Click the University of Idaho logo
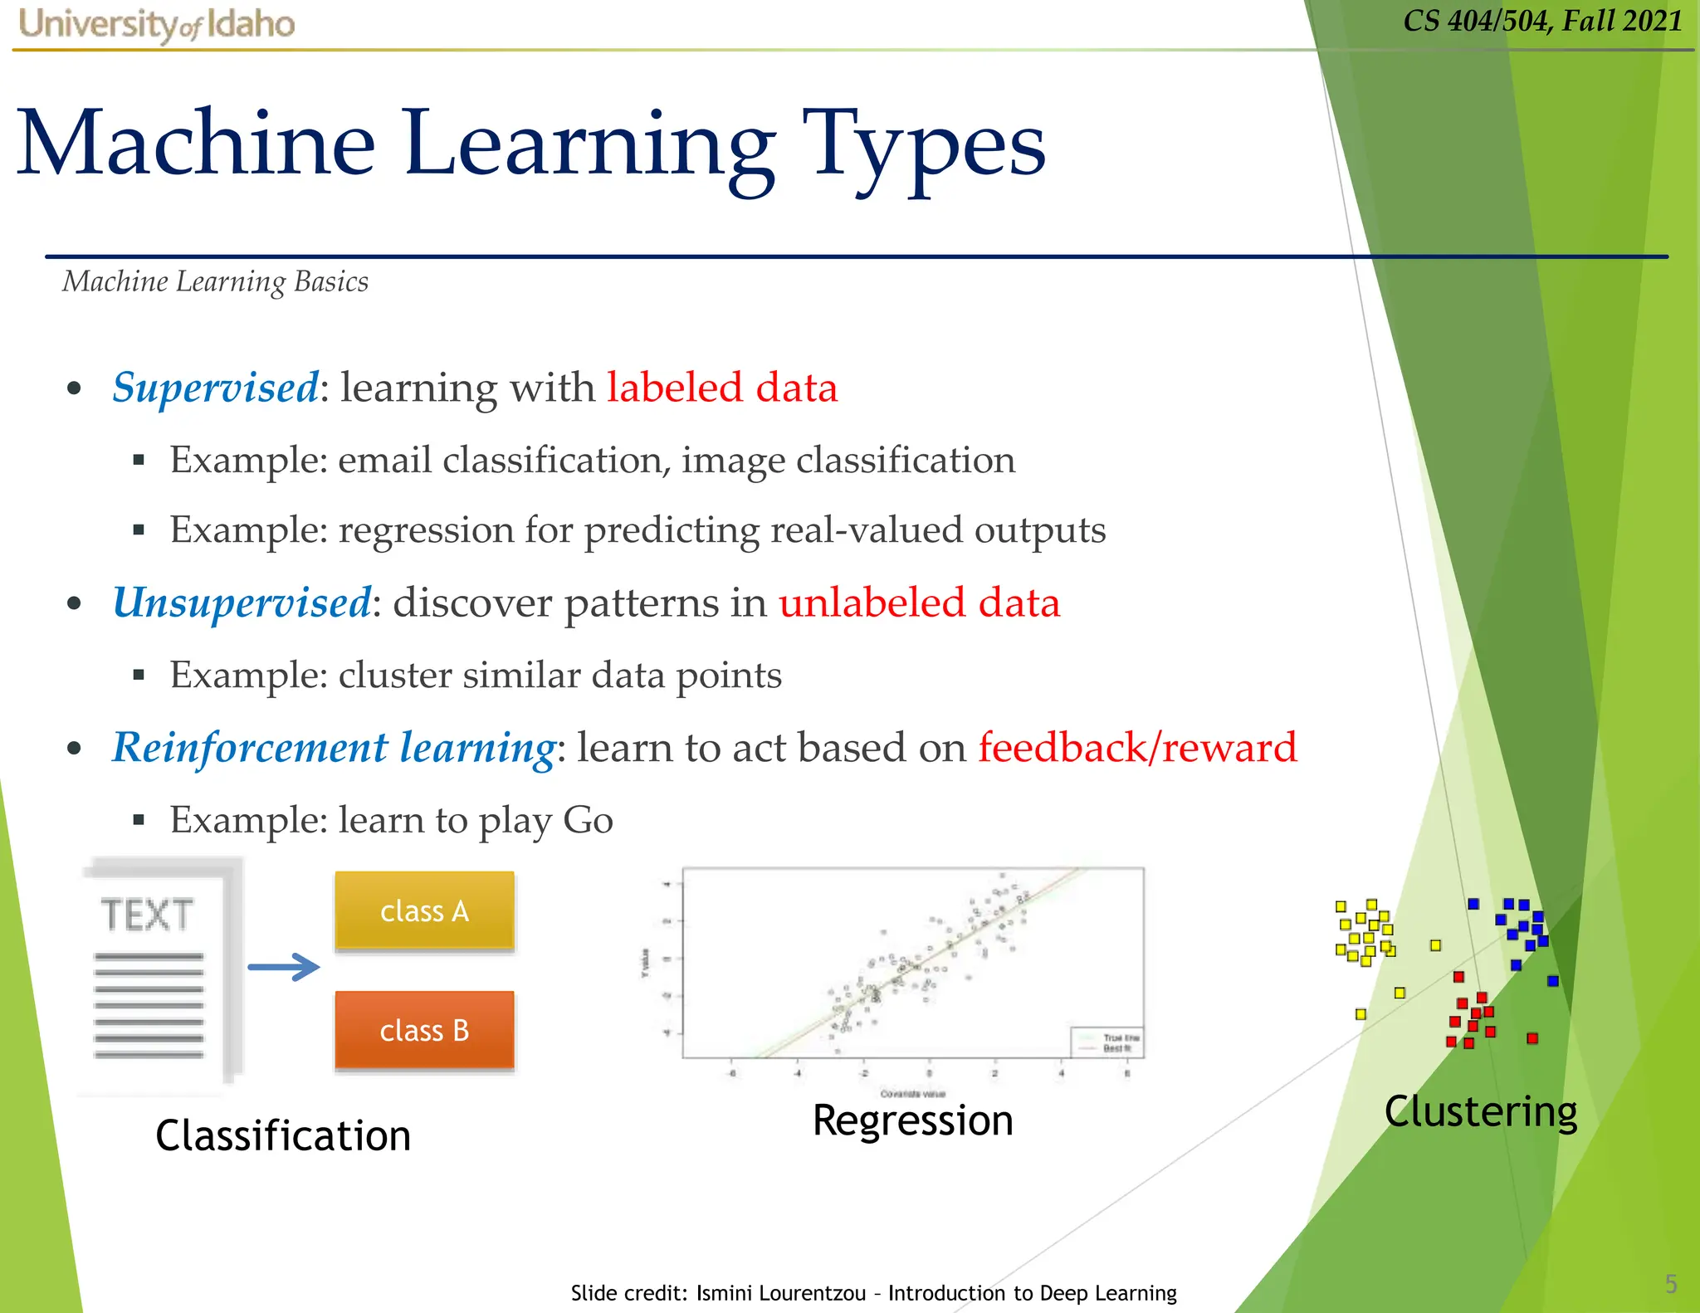tap(156, 24)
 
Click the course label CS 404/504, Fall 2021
tap(1542, 21)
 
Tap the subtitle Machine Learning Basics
tap(215, 282)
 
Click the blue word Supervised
tap(215, 388)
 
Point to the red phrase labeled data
tap(721, 388)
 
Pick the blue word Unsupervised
tap(242, 603)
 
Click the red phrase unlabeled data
tap(919, 603)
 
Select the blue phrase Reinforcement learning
tap(334, 747)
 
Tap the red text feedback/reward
tap(1136, 747)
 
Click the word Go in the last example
tap(588, 820)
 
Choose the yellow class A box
tap(424, 910)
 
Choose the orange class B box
tap(424, 1030)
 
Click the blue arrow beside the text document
tap(284, 967)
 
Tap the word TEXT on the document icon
tap(147, 915)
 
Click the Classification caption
tap(283, 1135)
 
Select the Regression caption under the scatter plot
tap(912, 1120)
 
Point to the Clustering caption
tap(1480, 1112)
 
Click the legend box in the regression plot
tap(1107, 1042)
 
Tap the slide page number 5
tap(1670, 1284)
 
